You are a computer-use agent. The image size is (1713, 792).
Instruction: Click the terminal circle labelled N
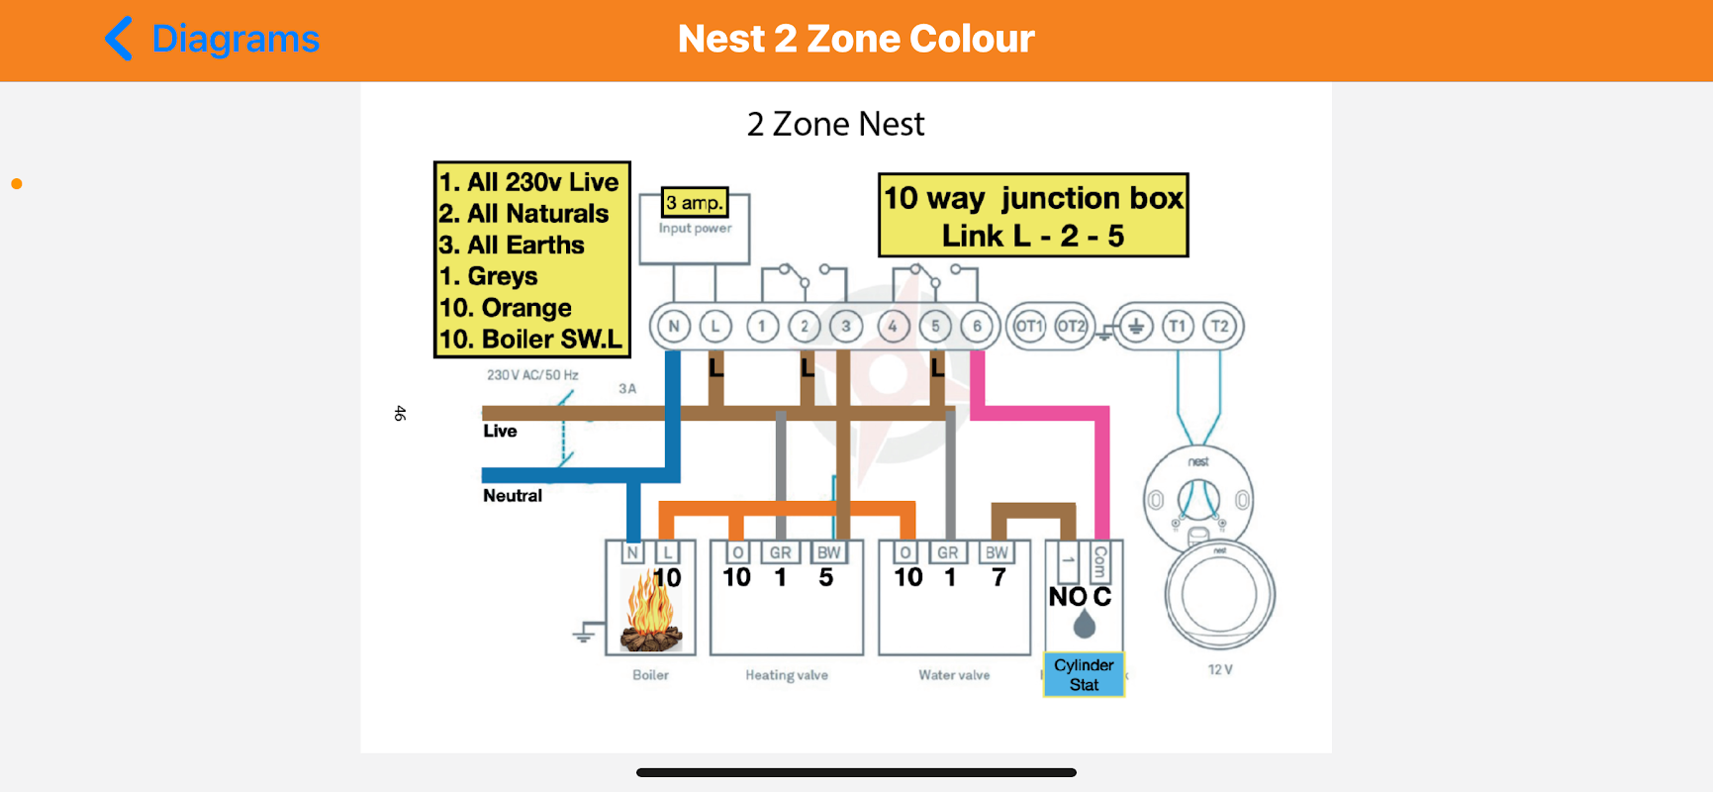(674, 326)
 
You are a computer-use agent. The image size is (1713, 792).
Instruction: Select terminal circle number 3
(846, 326)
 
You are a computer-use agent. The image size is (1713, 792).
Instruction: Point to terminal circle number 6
(977, 326)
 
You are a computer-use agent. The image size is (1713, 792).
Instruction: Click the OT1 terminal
(1029, 326)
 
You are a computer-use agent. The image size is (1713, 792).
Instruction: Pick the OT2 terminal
(1071, 326)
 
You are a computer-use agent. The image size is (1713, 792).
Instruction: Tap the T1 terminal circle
(1177, 326)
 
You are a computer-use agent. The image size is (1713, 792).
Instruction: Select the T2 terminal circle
(1220, 326)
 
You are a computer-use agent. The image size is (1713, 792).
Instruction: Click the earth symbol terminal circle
(1136, 326)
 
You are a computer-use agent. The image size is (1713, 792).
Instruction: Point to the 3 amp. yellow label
(695, 202)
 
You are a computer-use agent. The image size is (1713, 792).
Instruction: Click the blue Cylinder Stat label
(1084, 674)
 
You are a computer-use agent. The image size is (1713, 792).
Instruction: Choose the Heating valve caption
(787, 675)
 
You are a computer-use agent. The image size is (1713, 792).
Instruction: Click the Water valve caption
(954, 675)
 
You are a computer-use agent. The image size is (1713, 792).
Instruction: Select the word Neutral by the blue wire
(513, 495)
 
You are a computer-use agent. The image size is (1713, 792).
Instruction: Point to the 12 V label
(1220, 669)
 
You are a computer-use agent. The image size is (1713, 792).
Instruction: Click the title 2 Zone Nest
(835, 124)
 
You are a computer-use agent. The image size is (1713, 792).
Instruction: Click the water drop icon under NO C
(1085, 624)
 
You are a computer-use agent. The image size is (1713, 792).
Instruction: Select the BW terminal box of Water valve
(997, 552)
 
